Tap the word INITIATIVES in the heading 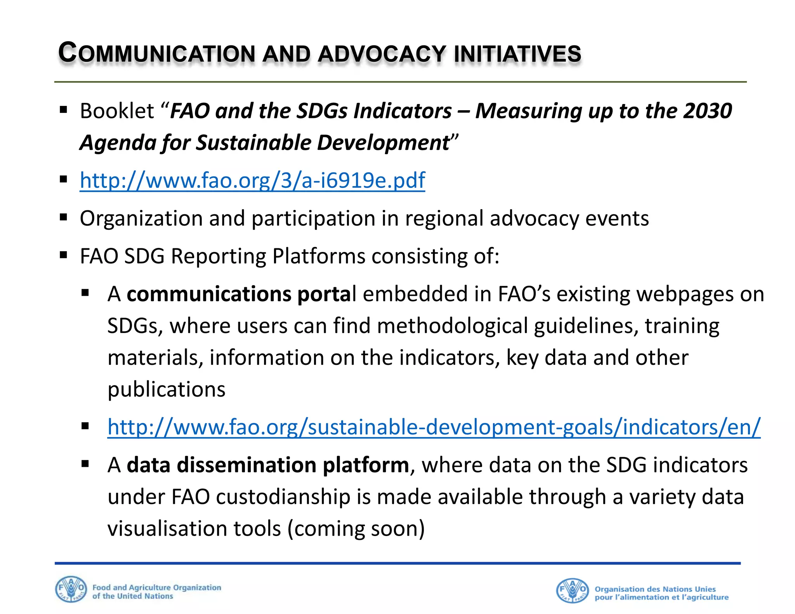point(517,54)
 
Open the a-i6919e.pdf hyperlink point(252,180)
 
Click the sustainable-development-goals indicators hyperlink point(434,427)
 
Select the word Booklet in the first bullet point(117,111)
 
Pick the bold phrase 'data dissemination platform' point(268,465)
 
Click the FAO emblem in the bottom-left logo point(71,590)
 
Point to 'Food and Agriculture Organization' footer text point(157,588)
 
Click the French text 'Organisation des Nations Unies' point(655,589)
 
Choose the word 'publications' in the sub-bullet point(166,389)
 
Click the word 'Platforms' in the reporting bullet point(319,256)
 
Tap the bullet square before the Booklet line point(64,109)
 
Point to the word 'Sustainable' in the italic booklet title point(253,143)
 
